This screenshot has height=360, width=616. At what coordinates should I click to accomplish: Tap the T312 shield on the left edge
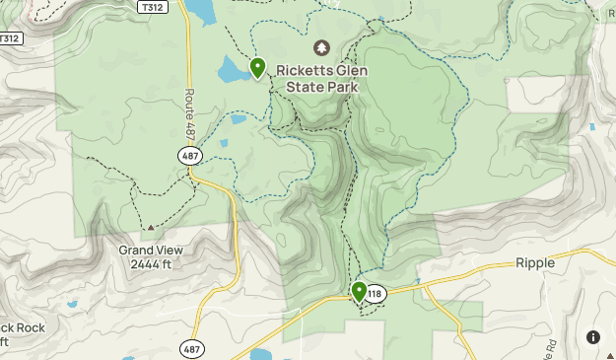(x=9, y=38)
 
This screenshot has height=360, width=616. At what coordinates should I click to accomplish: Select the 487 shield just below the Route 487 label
(x=191, y=156)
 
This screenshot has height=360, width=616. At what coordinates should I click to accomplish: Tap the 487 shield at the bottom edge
(x=192, y=348)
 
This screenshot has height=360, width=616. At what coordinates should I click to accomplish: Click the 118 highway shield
(x=374, y=293)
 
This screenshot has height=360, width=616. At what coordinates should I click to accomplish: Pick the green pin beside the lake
(x=257, y=68)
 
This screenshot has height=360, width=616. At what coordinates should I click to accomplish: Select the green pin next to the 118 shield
(x=359, y=292)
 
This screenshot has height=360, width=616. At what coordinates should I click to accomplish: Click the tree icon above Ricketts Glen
(x=320, y=48)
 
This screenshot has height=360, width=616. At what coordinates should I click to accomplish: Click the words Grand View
(x=150, y=251)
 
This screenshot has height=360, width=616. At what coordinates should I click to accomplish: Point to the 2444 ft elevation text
(x=150, y=264)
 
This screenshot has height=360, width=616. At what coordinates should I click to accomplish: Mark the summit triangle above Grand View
(x=150, y=228)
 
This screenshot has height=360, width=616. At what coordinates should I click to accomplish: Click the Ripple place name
(x=535, y=263)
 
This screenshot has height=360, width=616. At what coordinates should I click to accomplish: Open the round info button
(x=593, y=337)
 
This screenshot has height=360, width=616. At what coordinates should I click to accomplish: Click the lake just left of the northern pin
(x=235, y=70)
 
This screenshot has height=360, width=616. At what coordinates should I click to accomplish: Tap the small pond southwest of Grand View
(x=71, y=305)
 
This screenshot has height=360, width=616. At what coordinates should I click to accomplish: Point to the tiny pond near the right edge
(x=591, y=126)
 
